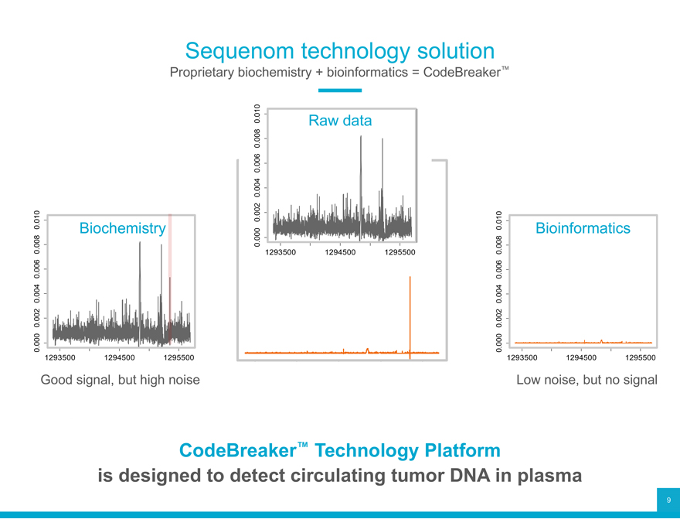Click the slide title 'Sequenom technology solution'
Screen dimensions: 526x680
click(340, 51)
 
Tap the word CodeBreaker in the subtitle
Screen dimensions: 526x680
click(461, 74)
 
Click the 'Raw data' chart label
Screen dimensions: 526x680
click(340, 121)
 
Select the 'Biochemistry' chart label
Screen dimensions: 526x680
click(123, 228)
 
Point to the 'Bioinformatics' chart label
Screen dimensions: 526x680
click(583, 228)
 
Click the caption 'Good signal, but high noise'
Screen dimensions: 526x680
click(120, 380)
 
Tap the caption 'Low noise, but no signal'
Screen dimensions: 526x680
click(586, 380)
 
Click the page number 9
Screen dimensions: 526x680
click(668, 500)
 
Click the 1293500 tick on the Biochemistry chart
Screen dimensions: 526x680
click(66, 358)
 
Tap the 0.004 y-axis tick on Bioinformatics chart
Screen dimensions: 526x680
click(499, 294)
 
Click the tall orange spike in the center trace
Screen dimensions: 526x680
click(410, 309)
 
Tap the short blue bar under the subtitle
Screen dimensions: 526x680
click(340, 91)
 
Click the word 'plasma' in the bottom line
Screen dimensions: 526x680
click(545, 476)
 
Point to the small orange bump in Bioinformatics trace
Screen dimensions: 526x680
click(600, 340)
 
